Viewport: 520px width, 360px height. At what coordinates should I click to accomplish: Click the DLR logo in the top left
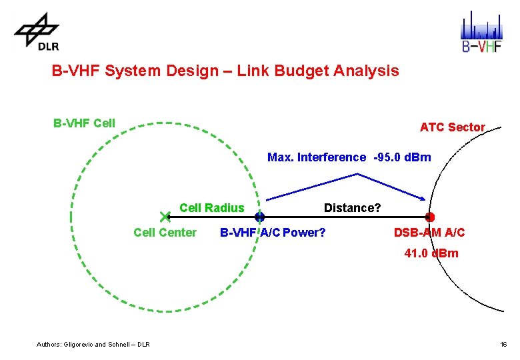click(x=37, y=32)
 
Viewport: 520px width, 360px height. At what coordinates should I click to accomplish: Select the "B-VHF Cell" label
click(x=84, y=123)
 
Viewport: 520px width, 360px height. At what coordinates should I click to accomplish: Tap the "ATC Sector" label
click(x=452, y=127)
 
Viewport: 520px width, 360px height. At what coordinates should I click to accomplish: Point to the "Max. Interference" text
click(x=317, y=157)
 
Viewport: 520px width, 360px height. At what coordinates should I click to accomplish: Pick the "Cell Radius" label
click(x=212, y=207)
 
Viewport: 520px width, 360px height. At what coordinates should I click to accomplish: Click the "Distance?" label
click(x=353, y=207)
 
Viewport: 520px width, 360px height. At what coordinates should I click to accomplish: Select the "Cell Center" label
click(x=165, y=233)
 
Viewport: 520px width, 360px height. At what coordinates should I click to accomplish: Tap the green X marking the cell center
click(x=166, y=217)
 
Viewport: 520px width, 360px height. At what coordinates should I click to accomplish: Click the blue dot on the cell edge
click(x=260, y=217)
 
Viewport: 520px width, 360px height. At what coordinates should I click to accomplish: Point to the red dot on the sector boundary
click(x=430, y=217)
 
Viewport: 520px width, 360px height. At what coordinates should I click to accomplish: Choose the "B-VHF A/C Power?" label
click(x=273, y=233)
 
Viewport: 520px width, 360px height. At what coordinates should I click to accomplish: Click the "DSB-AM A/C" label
click(x=429, y=233)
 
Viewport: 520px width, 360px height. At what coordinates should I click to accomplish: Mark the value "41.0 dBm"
click(x=431, y=253)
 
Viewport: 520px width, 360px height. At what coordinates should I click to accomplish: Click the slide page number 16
click(x=503, y=344)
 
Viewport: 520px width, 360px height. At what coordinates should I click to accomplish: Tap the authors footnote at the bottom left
click(x=93, y=344)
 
